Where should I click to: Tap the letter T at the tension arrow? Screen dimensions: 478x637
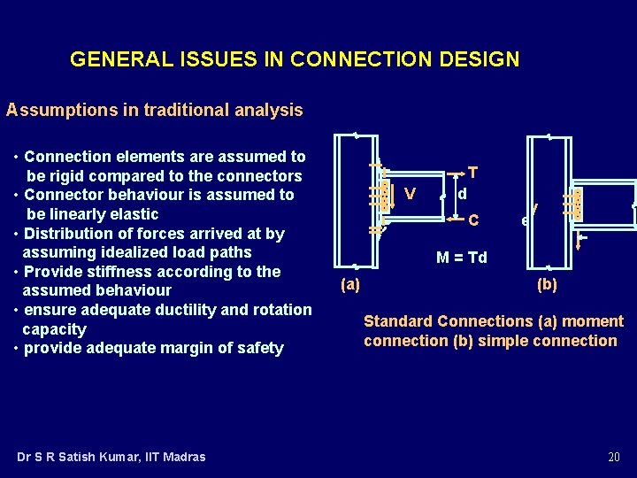coord(473,172)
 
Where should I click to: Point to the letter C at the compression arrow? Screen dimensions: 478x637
coord(473,220)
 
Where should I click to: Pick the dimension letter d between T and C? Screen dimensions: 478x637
coord(462,193)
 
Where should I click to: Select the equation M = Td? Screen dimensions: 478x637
coord(461,258)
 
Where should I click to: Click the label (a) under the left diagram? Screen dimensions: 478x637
coord(350,285)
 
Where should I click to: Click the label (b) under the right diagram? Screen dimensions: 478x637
coord(548,284)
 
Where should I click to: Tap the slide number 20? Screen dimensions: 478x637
coord(613,457)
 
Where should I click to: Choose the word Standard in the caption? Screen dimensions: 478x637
coord(398,321)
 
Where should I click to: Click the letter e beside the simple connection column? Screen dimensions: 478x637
coord(526,220)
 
